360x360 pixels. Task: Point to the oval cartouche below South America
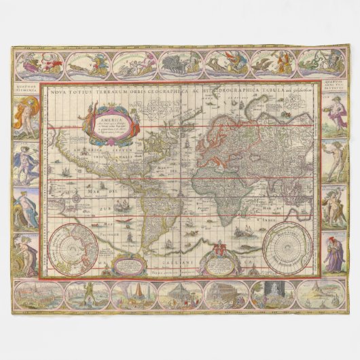pos(123,262)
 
